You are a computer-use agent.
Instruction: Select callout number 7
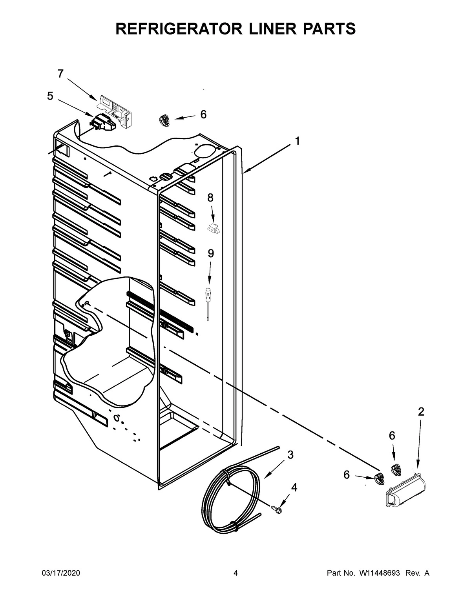click(60, 74)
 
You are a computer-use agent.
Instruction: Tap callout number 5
click(50, 96)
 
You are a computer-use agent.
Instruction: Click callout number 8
click(210, 198)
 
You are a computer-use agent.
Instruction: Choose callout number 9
click(211, 254)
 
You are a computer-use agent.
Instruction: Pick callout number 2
click(421, 412)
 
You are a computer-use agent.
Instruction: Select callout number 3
click(290, 455)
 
